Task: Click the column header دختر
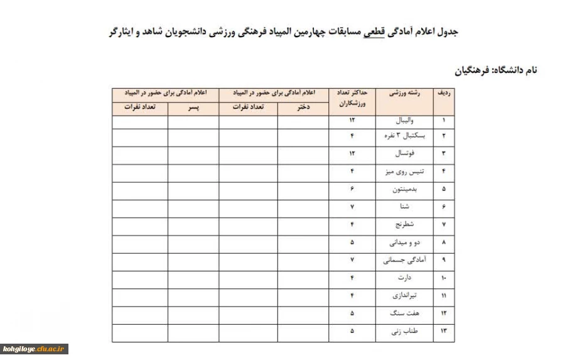click(303, 107)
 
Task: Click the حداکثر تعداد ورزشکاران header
click(352, 97)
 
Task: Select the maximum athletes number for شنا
click(352, 206)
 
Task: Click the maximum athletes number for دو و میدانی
click(352, 242)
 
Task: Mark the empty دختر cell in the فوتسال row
click(303, 153)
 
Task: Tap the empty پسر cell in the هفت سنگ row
click(193, 312)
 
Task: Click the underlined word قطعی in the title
click(374, 31)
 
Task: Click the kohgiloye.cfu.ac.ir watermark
click(35, 349)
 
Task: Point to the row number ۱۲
click(444, 312)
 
